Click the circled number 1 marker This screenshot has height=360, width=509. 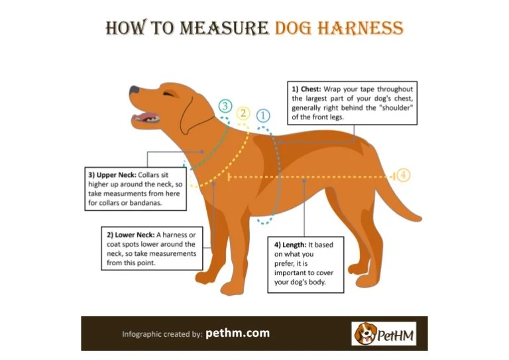pos(263,115)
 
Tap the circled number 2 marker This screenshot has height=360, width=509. pos(243,113)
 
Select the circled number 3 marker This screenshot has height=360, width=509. pos(225,106)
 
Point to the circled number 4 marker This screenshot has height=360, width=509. pos(403,175)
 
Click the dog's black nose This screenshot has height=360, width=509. pos(135,90)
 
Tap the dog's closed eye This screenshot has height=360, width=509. pos(168,94)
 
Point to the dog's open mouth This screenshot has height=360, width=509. pos(146,118)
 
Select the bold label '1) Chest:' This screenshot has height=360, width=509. pos(306,90)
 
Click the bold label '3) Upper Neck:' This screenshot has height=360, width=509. pos(112,175)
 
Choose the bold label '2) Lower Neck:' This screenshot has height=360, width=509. pos(131,235)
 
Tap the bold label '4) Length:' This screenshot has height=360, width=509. pos(290,245)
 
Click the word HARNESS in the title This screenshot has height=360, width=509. pos(361,28)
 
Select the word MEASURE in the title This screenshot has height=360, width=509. pos(224,28)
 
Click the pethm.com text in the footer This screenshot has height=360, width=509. pos(238,333)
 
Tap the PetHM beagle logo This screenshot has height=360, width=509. pos(384,333)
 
